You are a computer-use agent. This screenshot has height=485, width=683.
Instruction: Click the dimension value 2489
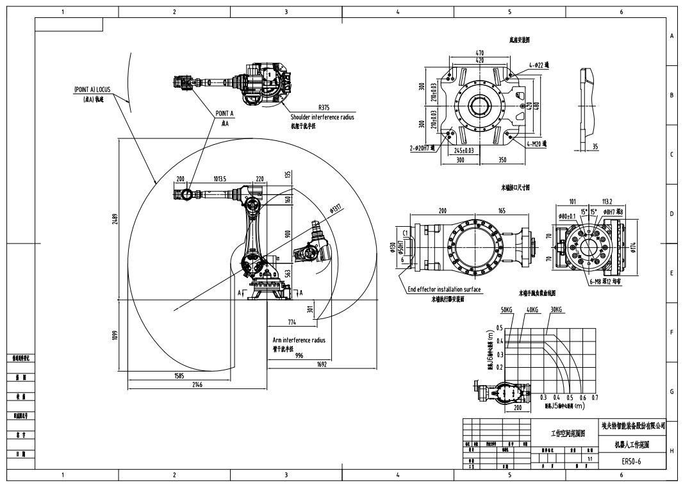115,219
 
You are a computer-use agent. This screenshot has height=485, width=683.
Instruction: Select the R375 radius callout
324,108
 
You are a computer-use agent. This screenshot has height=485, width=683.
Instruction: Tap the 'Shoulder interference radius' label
322,117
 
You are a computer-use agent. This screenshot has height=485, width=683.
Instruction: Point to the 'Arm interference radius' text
299,340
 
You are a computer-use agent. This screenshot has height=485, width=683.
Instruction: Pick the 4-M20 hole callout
536,144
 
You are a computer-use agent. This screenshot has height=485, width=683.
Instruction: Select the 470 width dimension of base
480,53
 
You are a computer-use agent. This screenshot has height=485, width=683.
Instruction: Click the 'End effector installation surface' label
444,290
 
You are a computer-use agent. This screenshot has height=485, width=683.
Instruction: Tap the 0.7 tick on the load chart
594,397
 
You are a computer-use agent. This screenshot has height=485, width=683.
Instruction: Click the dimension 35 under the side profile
595,147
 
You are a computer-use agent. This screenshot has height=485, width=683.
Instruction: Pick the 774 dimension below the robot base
292,322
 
